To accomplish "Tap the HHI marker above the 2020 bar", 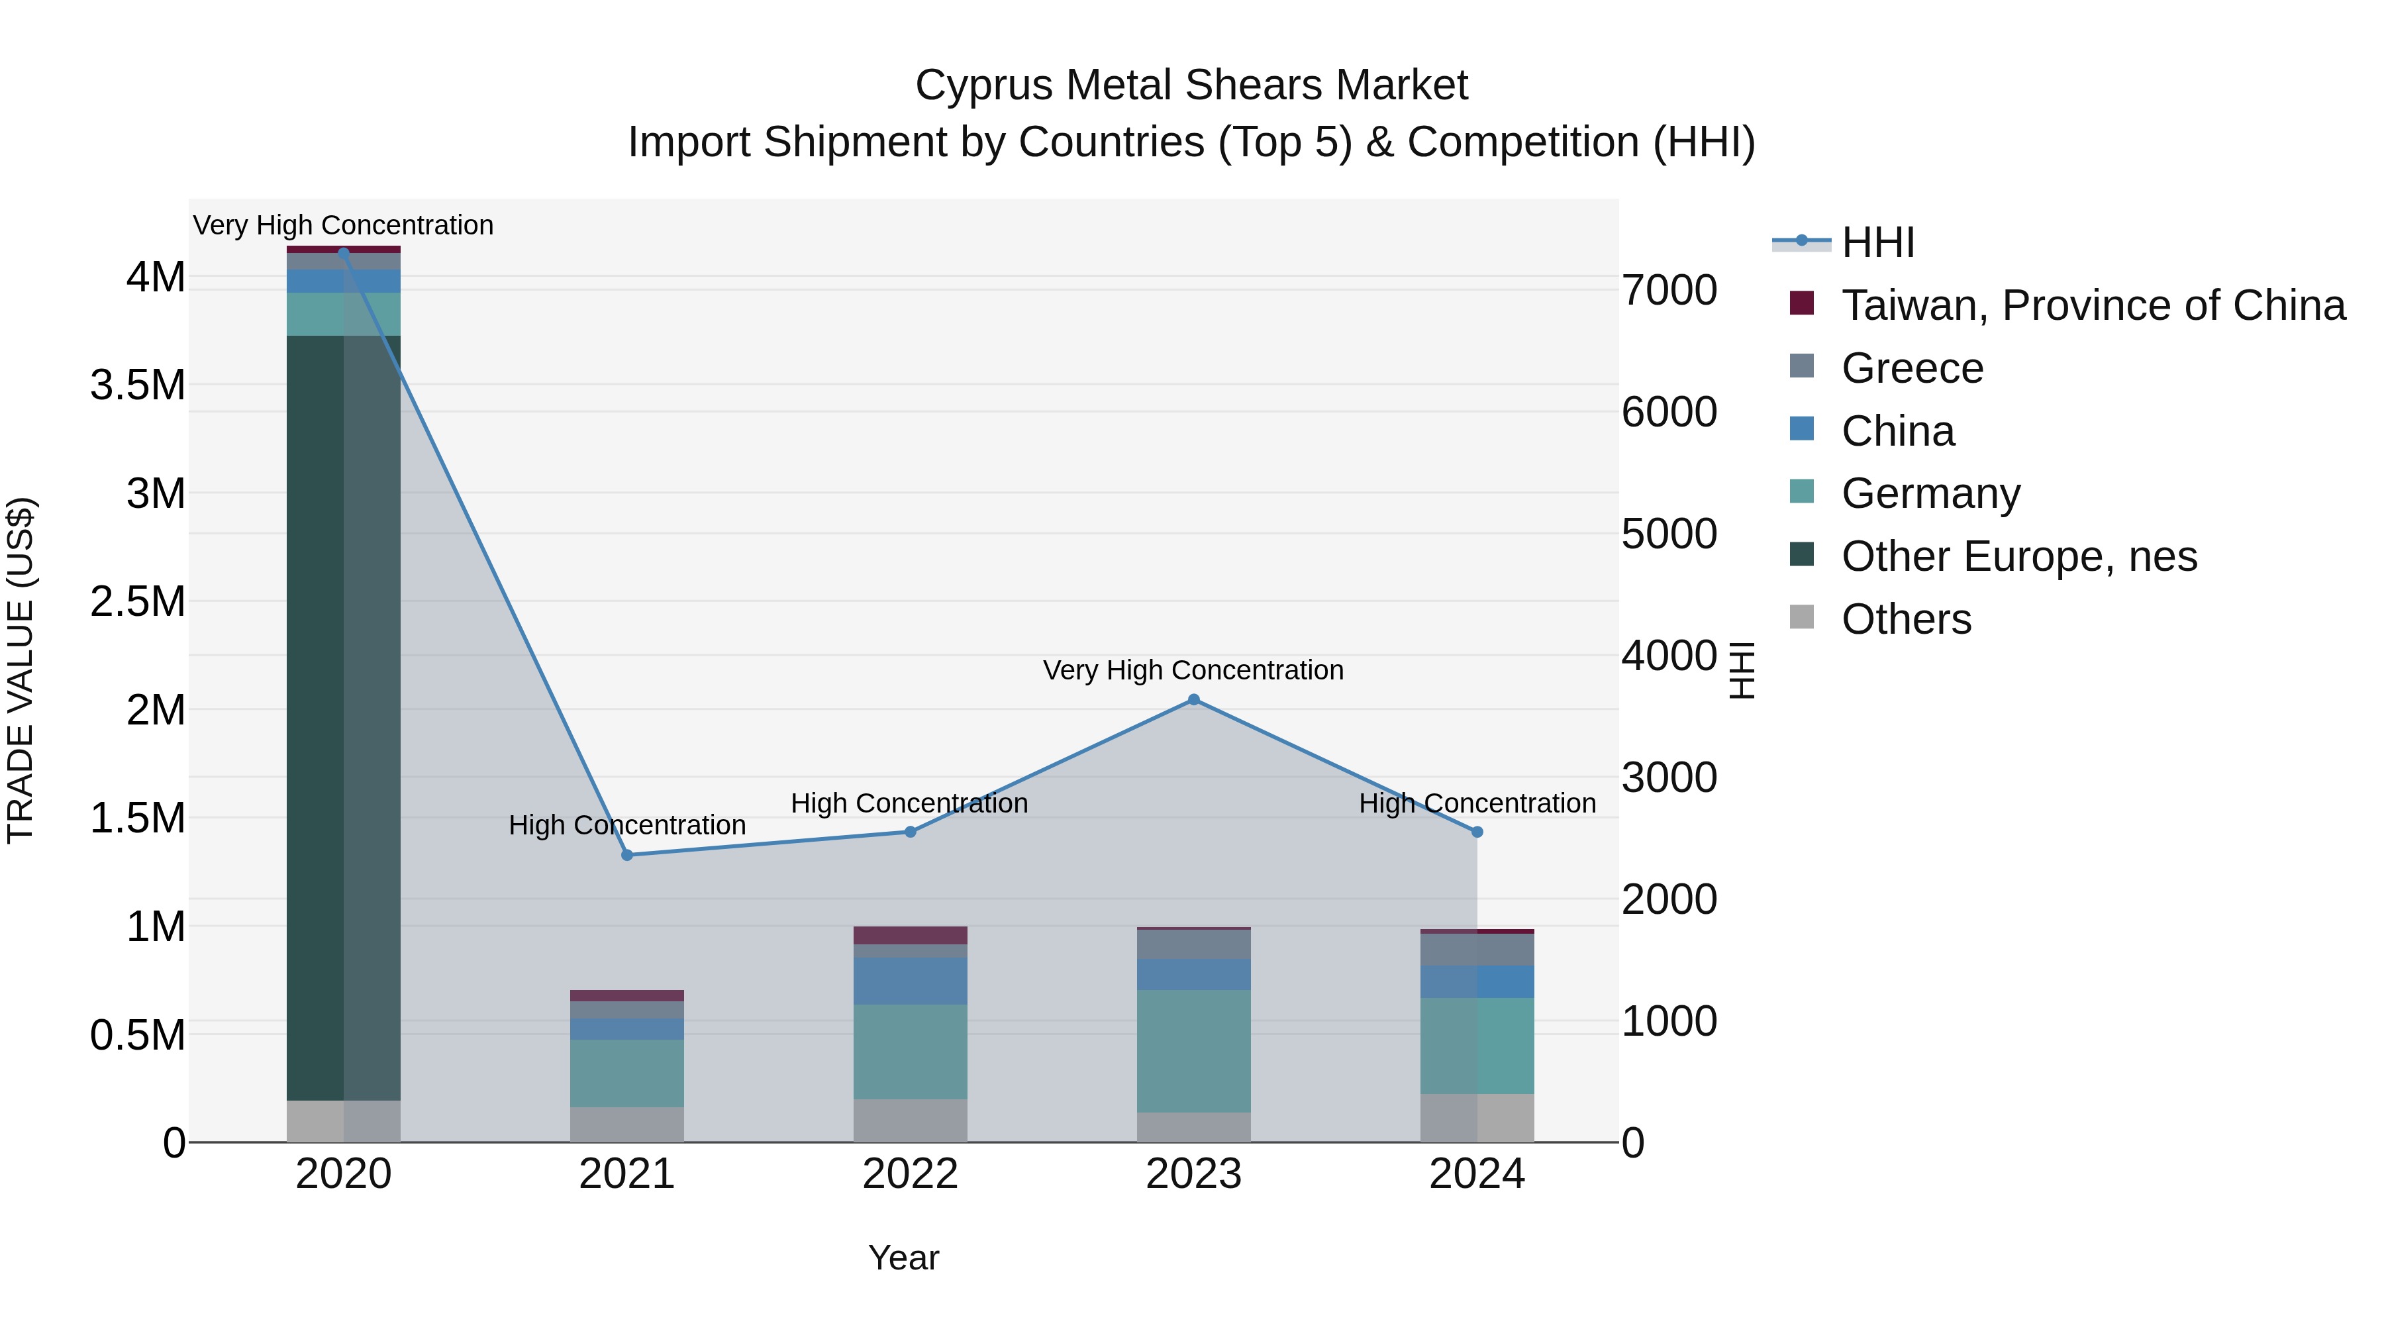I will pyautogui.click(x=343, y=253).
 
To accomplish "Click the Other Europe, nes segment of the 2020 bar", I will pyautogui.click(x=343, y=717).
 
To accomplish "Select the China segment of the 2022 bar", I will pyautogui.click(x=910, y=981).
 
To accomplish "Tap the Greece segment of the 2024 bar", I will pyautogui.click(x=1476, y=950).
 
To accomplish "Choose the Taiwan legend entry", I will pyautogui.click(x=2091, y=305).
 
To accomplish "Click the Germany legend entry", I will pyautogui.click(x=1930, y=493).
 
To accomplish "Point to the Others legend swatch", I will pyautogui.click(x=1801, y=617).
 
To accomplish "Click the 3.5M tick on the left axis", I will pyautogui.click(x=137, y=385).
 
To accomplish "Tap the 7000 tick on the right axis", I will pyautogui.click(x=1669, y=289).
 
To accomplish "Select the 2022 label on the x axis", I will pyautogui.click(x=910, y=1174).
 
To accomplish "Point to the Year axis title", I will pyautogui.click(x=903, y=1258).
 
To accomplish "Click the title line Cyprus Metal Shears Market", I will pyautogui.click(x=1191, y=85).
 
